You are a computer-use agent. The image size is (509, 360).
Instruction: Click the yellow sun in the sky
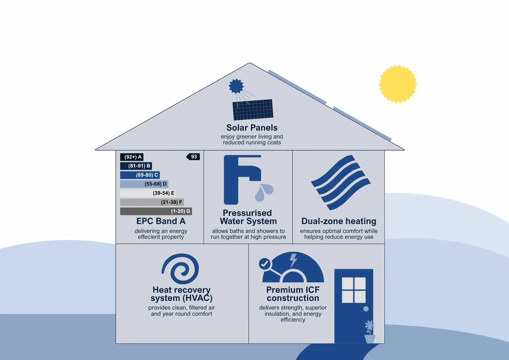[398, 84]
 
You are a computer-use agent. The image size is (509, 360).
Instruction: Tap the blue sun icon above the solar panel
[236, 86]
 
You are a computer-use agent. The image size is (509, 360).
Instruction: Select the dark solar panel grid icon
[253, 109]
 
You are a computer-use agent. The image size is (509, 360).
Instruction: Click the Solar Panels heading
[252, 128]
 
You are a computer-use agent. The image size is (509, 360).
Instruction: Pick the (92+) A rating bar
[132, 157]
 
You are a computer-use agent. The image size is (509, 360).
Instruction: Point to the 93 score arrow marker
[193, 157]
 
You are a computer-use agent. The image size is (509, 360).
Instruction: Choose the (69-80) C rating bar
[140, 175]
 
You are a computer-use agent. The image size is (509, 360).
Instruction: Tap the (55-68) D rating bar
[144, 184]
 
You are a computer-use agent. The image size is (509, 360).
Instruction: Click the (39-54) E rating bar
[148, 193]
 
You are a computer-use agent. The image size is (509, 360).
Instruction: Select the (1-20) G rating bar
[156, 211]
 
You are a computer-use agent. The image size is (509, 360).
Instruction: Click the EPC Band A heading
[161, 221]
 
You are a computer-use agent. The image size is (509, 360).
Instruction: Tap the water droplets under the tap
[264, 192]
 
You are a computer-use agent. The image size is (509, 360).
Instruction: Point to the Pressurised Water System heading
[248, 217]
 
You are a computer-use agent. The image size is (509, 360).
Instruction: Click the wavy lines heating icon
[341, 183]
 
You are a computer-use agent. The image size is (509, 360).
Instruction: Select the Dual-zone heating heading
[339, 221]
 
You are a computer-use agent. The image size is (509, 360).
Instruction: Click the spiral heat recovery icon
[180, 269]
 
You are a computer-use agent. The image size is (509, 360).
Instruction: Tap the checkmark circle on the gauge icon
[265, 264]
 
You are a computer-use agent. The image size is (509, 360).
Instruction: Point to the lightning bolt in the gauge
[293, 261]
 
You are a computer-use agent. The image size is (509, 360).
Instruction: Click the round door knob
[366, 309]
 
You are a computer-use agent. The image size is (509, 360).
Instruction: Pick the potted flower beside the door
[370, 332]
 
